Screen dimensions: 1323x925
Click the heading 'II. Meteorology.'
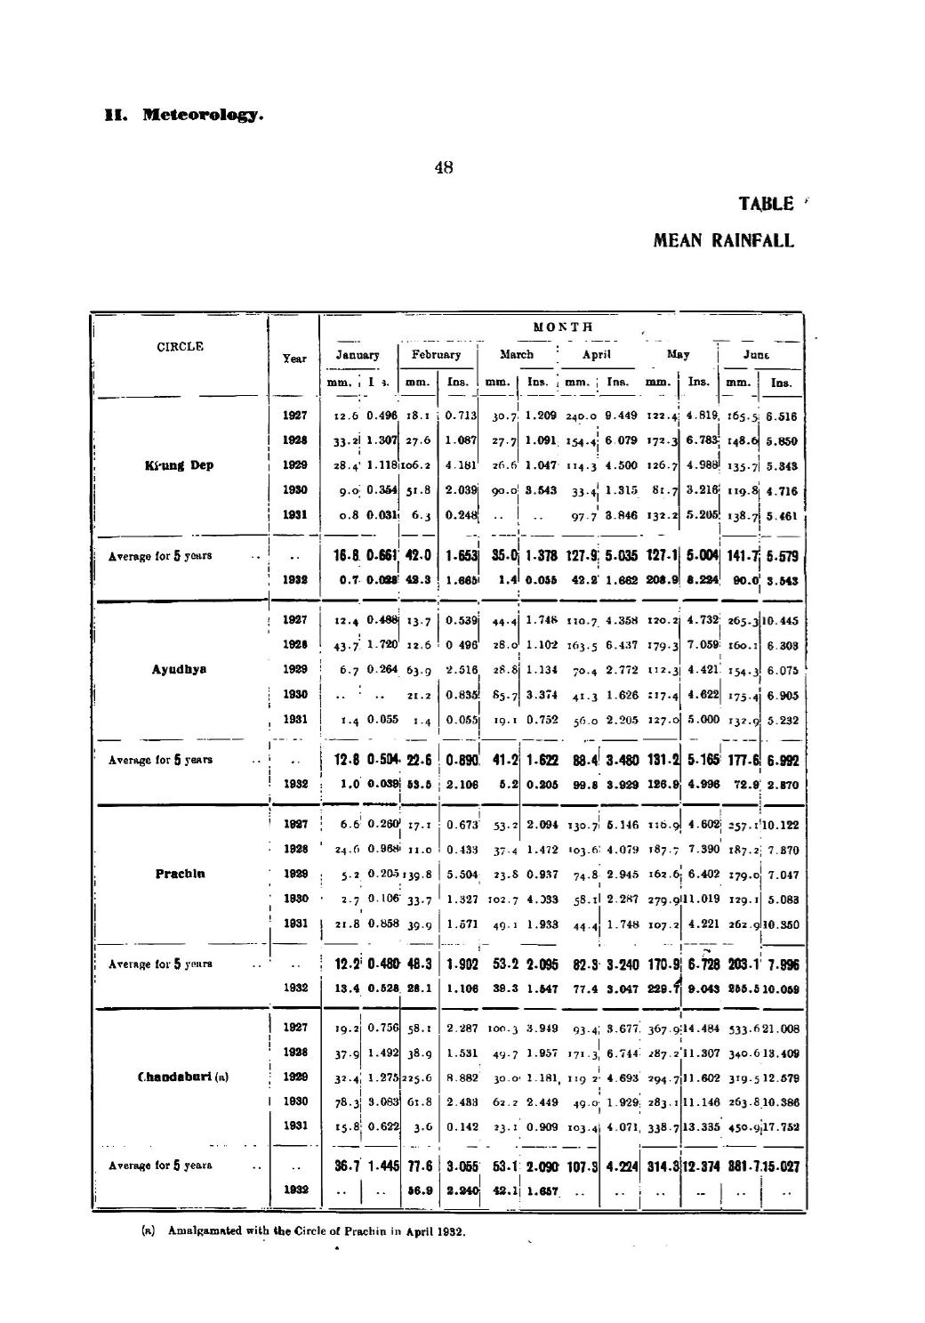pos(183,115)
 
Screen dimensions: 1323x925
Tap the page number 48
pos(443,166)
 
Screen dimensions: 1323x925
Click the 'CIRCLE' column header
pos(181,347)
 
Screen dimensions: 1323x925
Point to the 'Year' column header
pos(294,359)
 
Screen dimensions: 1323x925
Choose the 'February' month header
pos(436,354)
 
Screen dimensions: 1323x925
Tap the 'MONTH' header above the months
pos(560,327)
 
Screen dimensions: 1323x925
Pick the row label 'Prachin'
pos(181,874)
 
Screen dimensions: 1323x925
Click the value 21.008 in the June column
pos(781,1028)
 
